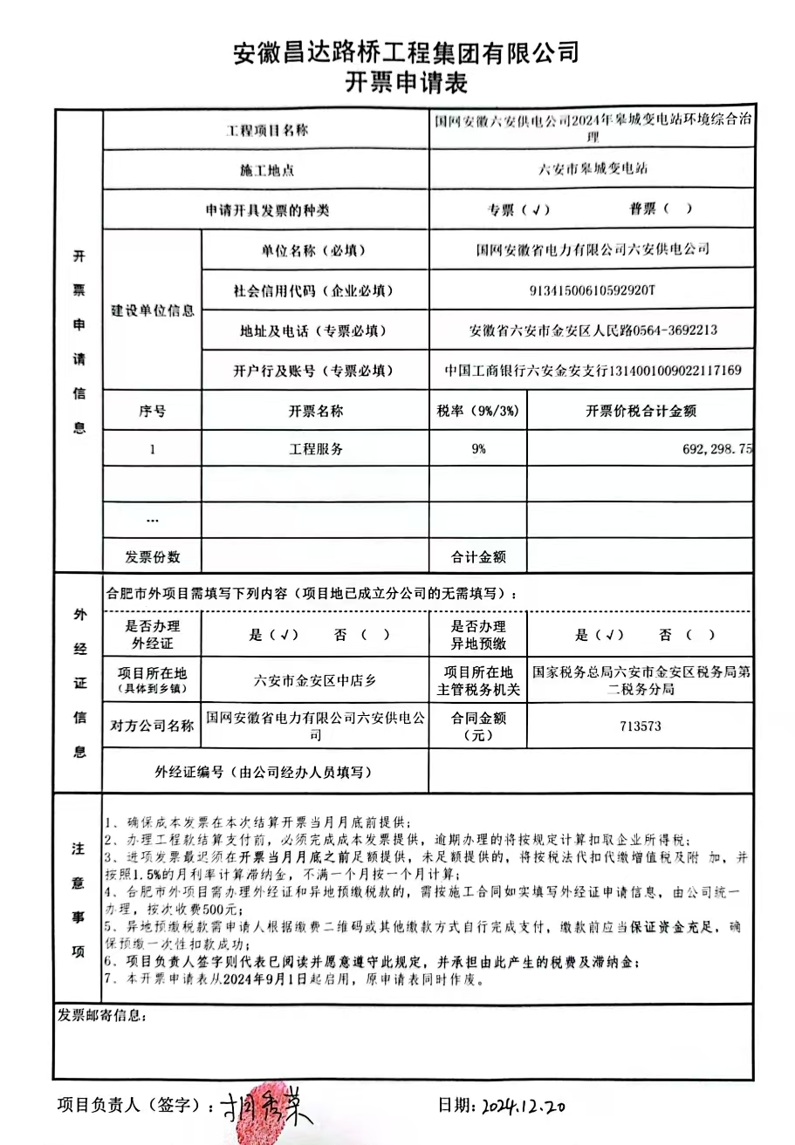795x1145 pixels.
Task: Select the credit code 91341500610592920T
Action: (592, 290)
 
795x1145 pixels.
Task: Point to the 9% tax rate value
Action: (477, 450)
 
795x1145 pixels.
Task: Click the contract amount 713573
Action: (641, 726)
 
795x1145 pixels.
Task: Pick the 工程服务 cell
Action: (315, 450)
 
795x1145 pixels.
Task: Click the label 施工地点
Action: (267, 170)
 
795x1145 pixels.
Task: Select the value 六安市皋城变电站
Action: (592, 169)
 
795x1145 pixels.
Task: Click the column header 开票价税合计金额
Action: (641, 411)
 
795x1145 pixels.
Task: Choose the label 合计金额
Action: (477, 556)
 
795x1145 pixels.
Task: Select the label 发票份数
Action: (153, 556)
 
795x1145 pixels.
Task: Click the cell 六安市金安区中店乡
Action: (315, 680)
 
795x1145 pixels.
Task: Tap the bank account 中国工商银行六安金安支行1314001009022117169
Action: (592, 371)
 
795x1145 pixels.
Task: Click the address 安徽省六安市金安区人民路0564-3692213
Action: (592, 331)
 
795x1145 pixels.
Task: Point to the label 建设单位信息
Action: (153, 310)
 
